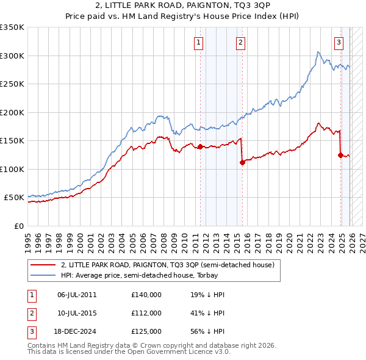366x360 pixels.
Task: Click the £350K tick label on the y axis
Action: coord(12,27)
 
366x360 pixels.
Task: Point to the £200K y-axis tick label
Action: coord(12,112)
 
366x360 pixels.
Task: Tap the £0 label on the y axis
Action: coord(18,226)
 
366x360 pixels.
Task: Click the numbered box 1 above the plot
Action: coord(199,43)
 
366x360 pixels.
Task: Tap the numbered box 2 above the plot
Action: coord(241,43)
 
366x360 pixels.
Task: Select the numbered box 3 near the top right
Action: coord(339,43)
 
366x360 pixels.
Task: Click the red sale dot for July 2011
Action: coord(200,146)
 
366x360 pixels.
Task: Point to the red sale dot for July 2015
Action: coord(242,162)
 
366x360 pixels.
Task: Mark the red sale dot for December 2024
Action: coord(340,155)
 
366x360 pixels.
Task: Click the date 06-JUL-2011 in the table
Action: coord(77,294)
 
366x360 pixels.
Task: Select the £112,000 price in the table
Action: coord(146,313)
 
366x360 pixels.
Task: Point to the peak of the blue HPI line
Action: coord(318,52)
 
